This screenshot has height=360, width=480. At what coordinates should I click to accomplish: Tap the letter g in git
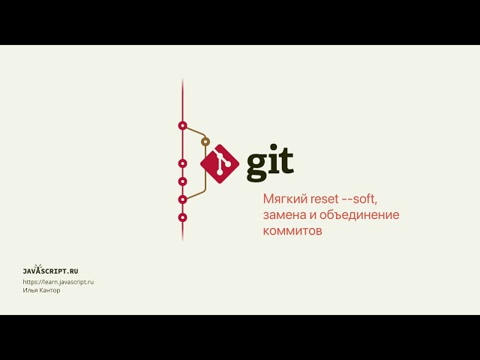[258, 166]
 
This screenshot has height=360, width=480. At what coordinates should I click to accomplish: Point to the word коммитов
[292, 232]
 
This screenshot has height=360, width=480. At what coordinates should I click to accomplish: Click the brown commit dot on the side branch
[205, 141]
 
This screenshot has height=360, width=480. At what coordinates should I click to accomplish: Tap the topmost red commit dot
[182, 125]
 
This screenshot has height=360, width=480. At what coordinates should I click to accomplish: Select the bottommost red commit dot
[182, 217]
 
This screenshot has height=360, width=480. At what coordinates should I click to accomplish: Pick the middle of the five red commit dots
[182, 181]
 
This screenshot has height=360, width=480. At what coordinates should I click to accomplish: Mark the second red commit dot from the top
[182, 163]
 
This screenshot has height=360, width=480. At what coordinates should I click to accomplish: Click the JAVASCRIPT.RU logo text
[51, 270]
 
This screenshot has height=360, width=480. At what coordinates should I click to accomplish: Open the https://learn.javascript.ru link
[58, 282]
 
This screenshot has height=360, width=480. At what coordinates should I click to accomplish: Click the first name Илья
[31, 290]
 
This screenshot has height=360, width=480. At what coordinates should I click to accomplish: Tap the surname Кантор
[50, 290]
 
